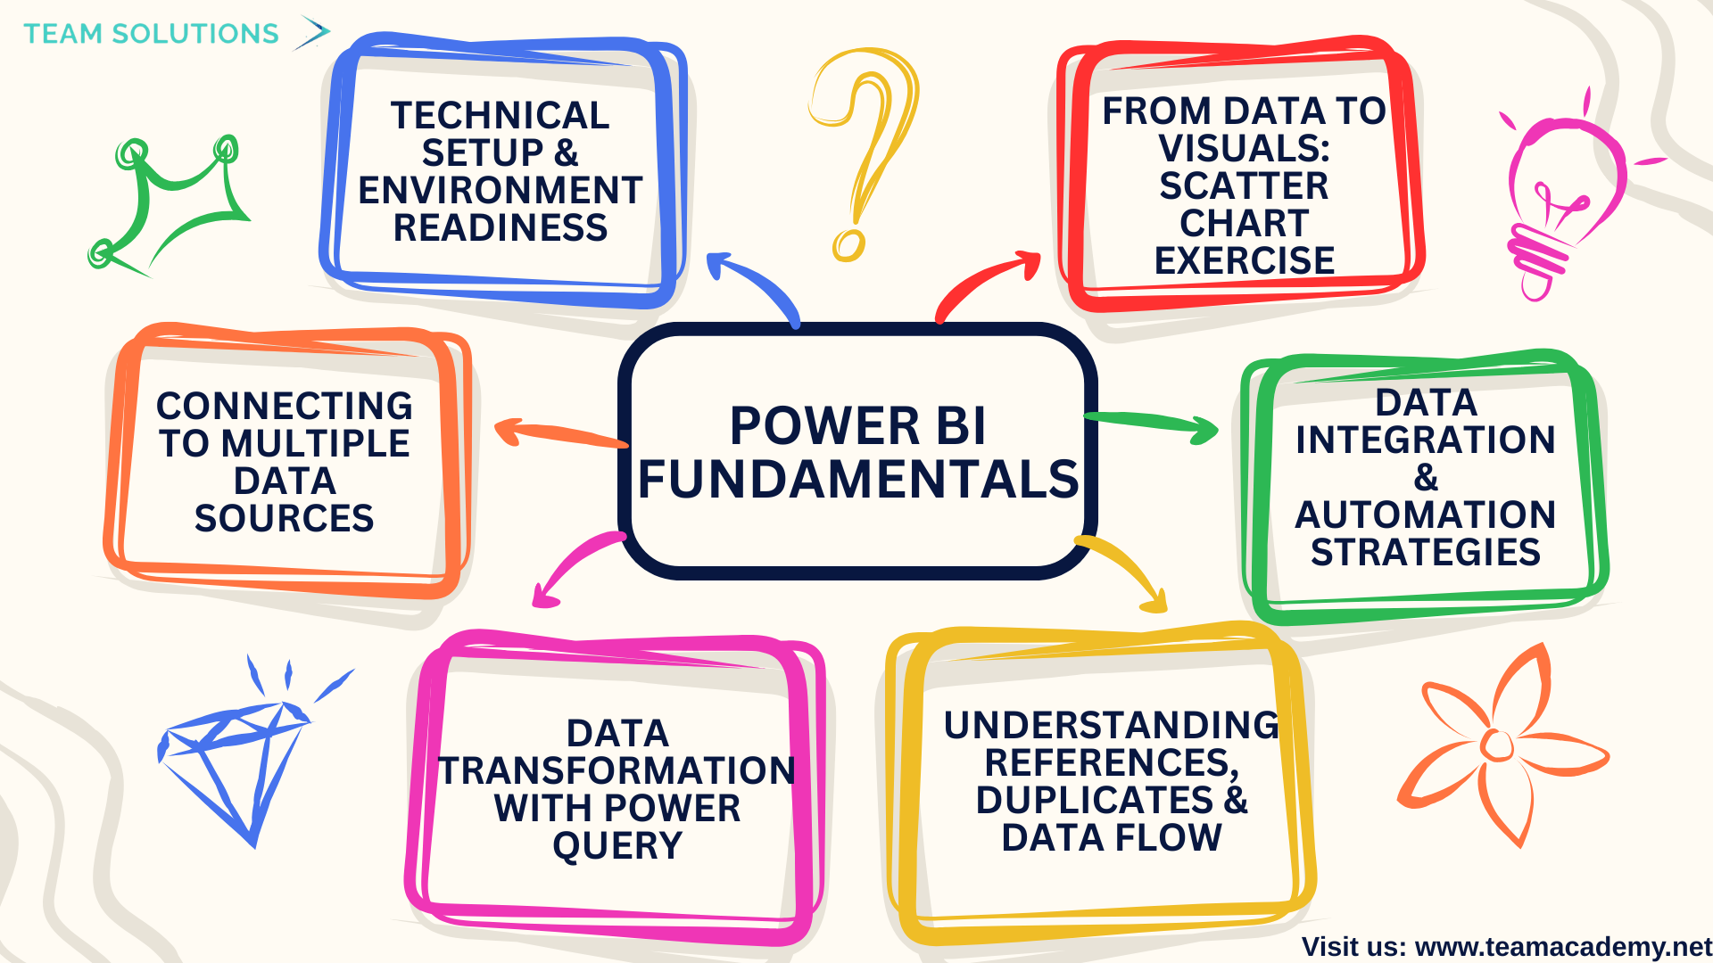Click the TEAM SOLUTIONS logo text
click(151, 34)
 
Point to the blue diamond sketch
click(236, 758)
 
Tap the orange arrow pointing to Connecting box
click(558, 434)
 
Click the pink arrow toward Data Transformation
click(575, 566)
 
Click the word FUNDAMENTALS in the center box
click(858, 480)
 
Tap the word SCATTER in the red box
click(1244, 186)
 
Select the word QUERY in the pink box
click(617, 845)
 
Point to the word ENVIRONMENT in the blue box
click(501, 191)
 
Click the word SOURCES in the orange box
click(285, 519)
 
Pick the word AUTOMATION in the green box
click(1425, 515)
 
